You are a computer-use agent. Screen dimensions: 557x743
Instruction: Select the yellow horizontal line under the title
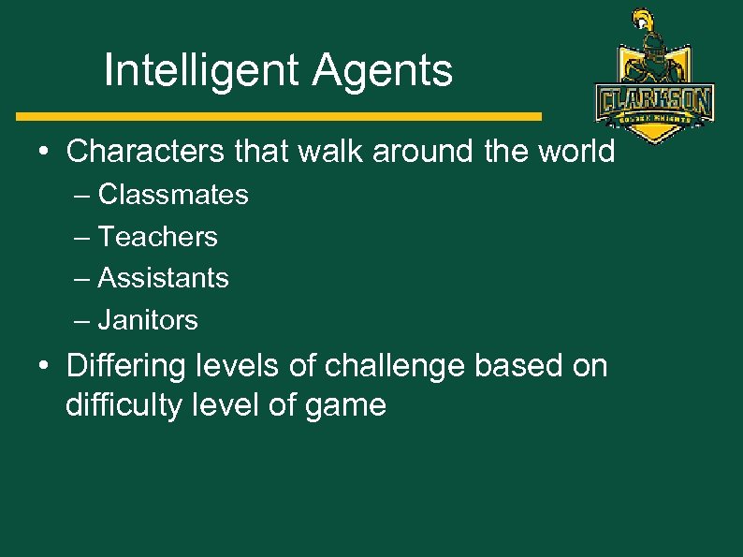279,117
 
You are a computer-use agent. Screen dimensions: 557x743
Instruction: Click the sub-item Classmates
173,195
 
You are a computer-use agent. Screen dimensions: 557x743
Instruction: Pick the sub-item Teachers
157,237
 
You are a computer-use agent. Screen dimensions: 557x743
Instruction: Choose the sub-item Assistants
163,278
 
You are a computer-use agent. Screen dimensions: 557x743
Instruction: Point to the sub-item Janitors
148,320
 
